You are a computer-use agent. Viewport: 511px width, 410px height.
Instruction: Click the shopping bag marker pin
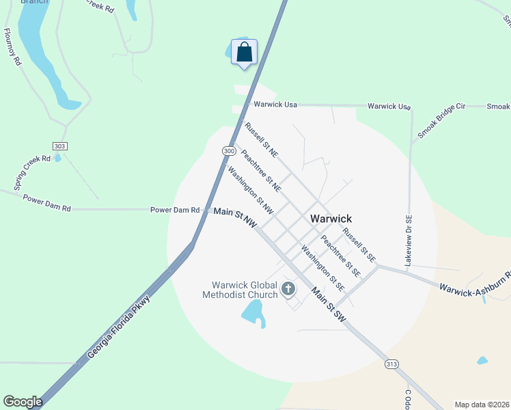click(x=244, y=53)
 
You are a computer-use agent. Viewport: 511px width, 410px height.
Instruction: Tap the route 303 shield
click(x=59, y=146)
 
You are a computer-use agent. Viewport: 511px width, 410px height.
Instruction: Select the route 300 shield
click(x=229, y=150)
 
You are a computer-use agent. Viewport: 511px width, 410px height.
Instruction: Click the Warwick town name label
click(x=331, y=219)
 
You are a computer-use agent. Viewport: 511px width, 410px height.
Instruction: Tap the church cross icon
click(x=288, y=290)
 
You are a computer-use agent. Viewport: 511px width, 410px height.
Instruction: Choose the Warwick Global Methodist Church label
click(x=240, y=290)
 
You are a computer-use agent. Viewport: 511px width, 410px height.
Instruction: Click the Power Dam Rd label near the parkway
click(x=175, y=210)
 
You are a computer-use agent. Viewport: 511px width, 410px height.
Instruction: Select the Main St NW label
click(x=234, y=215)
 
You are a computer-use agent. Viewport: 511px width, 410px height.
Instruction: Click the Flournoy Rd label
click(x=12, y=46)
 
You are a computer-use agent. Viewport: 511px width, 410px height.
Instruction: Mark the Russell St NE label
click(x=261, y=139)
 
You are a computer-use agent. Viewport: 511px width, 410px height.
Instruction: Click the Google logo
click(x=23, y=402)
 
